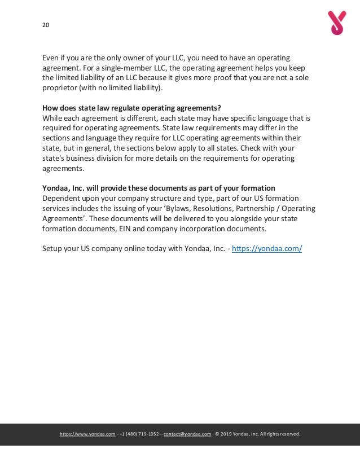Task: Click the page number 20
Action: pyautogui.click(x=46, y=25)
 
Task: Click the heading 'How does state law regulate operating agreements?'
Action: pyautogui.click(x=131, y=108)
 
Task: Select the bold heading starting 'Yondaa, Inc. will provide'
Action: pyautogui.click(x=159, y=188)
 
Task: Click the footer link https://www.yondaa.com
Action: pyautogui.click(x=87, y=434)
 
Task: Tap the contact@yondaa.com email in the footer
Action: pyautogui.click(x=187, y=434)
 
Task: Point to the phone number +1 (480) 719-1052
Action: pyautogui.click(x=139, y=434)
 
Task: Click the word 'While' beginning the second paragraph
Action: pyautogui.click(x=53, y=118)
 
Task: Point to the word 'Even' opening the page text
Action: pyautogui.click(x=51, y=57)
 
